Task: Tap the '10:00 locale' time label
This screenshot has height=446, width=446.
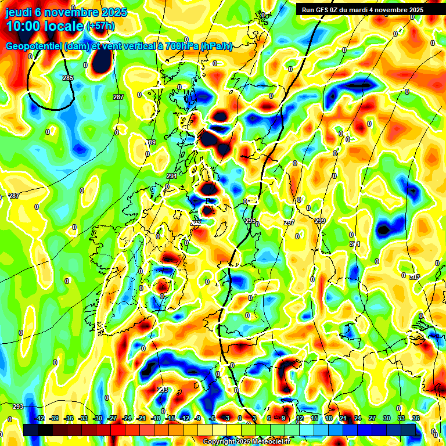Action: click(x=45, y=26)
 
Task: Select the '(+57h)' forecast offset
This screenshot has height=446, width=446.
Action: click(x=100, y=26)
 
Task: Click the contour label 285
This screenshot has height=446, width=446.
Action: click(x=68, y=78)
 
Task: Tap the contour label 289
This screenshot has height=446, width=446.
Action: click(x=150, y=142)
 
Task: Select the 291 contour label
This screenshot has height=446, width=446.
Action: click(x=172, y=176)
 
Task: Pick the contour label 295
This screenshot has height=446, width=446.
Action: click(x=250, y=221)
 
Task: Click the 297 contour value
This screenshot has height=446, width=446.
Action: click(x=289, y=222)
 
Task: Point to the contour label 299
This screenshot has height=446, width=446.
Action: click(x=320, y=221)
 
